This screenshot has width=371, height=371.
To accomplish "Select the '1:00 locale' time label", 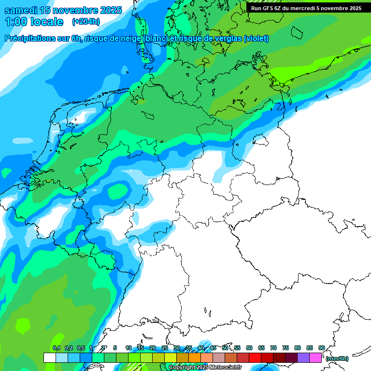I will click(34, 22).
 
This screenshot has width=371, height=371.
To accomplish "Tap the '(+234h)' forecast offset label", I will click(86, 22).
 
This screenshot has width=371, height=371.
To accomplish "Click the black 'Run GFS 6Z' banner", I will click(306, 8).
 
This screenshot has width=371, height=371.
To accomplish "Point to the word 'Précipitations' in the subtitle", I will click(29, 39).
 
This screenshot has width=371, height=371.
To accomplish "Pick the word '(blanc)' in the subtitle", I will click(155, 39).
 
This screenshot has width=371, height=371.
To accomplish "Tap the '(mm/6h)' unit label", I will click(337, 358).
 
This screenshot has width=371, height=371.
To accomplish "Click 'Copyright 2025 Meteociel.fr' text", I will click(205, 368).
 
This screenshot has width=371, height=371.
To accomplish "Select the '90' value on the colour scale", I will click(321, 348).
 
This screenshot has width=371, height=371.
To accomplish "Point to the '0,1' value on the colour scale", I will click(56, 348).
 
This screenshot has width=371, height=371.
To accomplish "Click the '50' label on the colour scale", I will click(225, 348).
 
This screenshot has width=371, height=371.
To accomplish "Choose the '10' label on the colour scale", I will click(128, 348).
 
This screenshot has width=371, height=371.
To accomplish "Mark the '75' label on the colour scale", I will click(285, 348).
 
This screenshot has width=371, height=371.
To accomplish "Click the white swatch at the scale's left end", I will click(49, 357).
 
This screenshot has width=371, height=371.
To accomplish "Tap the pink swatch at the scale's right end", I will click(315, 357).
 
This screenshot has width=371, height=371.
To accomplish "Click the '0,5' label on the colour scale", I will click(81, 348).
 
